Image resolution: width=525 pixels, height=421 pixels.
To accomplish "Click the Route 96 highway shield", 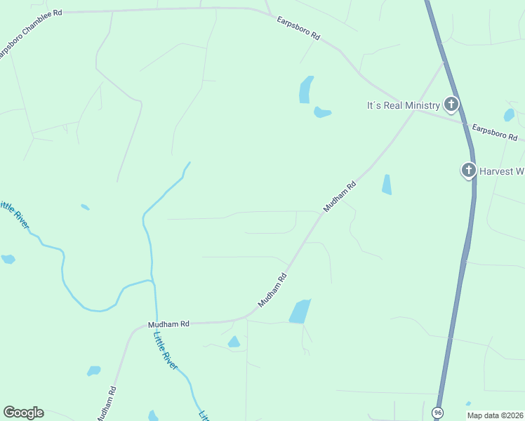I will pos(438,412).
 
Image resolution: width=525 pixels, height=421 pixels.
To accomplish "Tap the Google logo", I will pos(23,413).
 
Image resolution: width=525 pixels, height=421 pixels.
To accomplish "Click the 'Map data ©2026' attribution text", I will pos(496,415).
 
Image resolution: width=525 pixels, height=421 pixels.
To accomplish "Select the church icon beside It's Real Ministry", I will pos(451,105).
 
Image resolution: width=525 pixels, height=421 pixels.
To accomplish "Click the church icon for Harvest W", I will pos(468,170).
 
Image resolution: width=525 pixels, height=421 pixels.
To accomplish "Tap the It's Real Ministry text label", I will pos(404,106).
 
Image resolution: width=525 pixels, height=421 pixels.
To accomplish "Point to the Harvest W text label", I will pos(501,171).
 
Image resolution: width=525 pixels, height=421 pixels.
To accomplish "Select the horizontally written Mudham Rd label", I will pos(168,324).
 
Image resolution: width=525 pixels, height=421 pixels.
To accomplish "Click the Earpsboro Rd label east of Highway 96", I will pos(494,131).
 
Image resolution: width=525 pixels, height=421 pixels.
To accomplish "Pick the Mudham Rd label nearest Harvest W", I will pos(340,196).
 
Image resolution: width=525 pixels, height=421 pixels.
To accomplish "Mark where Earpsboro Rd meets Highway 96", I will pos(465,124).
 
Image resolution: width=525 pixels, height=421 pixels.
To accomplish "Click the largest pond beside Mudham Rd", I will pos(300,311).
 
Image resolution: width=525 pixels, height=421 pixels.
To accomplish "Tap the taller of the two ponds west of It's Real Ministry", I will pos(305,90).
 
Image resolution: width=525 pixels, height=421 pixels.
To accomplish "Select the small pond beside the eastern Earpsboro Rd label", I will pos(509,114).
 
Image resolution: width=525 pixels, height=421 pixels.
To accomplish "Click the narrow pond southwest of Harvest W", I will pos(386,184).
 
